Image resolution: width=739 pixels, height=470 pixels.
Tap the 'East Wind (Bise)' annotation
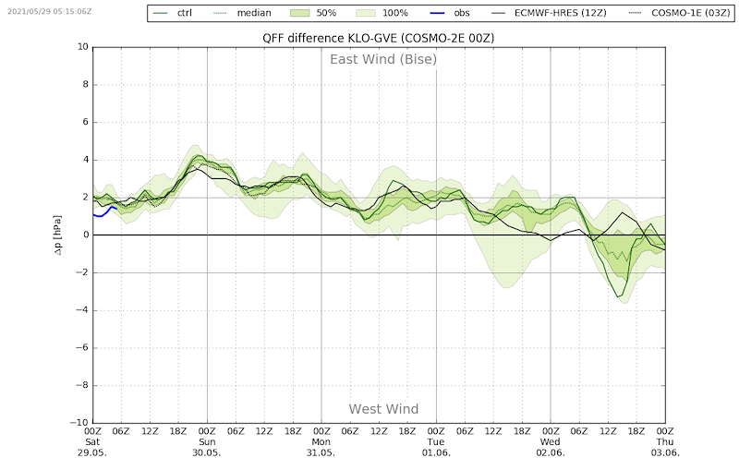[383, 60]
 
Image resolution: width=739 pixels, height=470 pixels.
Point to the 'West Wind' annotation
[383, 409]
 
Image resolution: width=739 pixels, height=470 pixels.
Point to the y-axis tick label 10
[82, 47]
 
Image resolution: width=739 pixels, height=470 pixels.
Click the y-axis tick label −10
[79, 423]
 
